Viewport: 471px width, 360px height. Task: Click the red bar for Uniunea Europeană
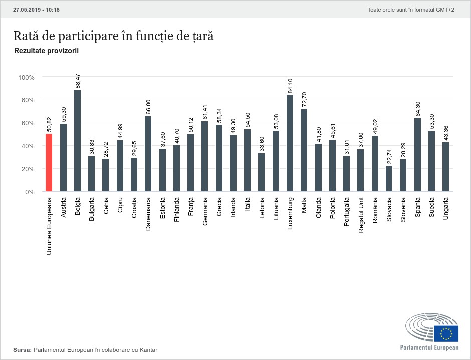click(x=49, y=163)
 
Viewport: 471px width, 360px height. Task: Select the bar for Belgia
click(x=77, y=141)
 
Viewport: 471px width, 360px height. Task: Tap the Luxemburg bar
click(x=290, y=143)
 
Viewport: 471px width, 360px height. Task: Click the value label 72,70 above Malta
click(x=304, y=98)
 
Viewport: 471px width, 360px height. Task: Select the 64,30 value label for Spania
click(x=417, y=109)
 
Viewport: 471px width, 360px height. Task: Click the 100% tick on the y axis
click(x=26, y=78)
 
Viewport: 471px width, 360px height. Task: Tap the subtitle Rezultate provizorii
click(x=46, y=51)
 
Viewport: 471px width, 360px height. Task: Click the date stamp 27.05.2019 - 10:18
click(x=36, y=10)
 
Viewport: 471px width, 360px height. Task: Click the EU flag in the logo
click(x=446, y=333)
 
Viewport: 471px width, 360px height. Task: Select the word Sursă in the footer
click(x=22, y=349)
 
